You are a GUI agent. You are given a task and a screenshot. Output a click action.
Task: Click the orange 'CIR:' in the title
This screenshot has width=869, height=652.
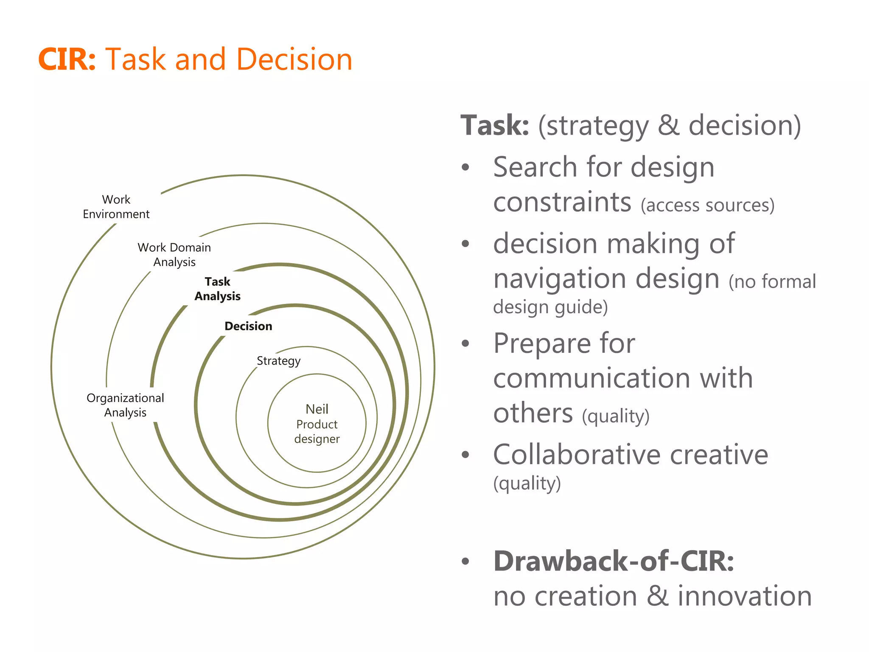coord(67,59)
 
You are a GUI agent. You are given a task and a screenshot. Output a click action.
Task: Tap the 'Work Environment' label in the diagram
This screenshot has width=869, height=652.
coord(116,207)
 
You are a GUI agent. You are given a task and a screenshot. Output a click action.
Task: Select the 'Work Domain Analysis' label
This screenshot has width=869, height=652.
coord(174,255)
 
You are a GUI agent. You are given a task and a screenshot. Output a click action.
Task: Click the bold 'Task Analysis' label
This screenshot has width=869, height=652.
coord(217,289)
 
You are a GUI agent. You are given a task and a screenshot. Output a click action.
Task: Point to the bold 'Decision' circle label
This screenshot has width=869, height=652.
coord(248,326)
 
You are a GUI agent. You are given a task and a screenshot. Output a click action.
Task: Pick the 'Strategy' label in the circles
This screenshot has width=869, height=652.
coord(278,361)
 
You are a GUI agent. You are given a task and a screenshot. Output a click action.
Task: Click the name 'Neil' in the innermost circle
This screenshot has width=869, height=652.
coord(317,409)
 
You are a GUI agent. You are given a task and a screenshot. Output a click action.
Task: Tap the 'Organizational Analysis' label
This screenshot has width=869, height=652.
coord(125,405)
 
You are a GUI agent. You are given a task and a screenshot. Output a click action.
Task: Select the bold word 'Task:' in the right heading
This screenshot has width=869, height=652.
coord(495,126)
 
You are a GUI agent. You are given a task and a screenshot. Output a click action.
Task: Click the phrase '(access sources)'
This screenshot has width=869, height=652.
coord(707,205)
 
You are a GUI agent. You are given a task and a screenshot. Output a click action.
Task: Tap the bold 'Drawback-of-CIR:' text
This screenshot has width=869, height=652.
coord(614,561)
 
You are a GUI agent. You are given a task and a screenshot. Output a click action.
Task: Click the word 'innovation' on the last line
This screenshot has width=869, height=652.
coord(744,596)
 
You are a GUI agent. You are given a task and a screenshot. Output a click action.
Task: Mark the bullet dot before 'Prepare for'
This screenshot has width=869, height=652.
coord(465,343)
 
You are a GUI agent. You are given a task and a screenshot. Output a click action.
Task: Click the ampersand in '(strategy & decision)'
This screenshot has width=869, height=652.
coord(668,126)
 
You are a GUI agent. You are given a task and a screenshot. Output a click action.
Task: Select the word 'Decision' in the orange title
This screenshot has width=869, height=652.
coord(294,59)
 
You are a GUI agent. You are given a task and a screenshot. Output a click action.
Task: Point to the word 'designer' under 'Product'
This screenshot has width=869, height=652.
coord(317,439)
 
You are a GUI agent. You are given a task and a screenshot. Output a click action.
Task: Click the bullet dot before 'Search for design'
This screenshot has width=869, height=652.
coord(465,167)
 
